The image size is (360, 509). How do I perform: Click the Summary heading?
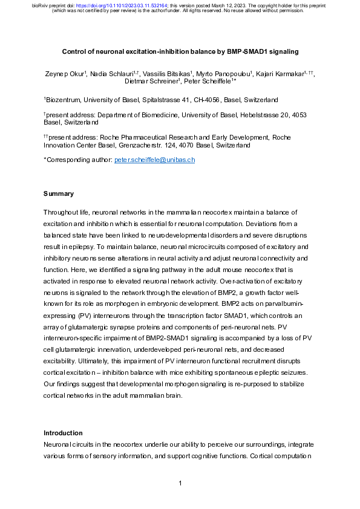coord(59,194)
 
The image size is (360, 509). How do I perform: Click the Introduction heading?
coord(63,433)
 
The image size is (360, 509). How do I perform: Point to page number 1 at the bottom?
coord(180,483)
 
